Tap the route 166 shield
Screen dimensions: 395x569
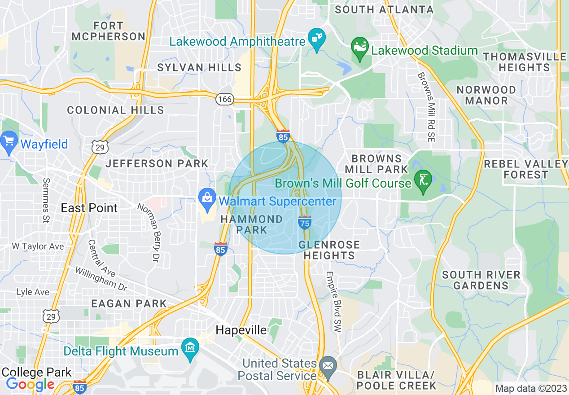click(x=225, y=99)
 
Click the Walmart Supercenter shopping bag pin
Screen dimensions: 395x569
click(x=207, y=201)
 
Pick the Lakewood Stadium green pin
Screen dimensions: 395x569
click(x=359, y=48)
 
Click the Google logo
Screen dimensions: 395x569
click(x=31, y=384)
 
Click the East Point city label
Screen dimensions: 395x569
click(x=89, y=208)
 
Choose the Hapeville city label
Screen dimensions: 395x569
click(x=241, y=330)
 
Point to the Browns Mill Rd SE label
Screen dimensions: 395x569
click(x=426, y=108)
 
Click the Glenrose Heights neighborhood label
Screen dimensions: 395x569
click(x=329, y=250)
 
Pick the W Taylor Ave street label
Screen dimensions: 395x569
click(x=38, y=246)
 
